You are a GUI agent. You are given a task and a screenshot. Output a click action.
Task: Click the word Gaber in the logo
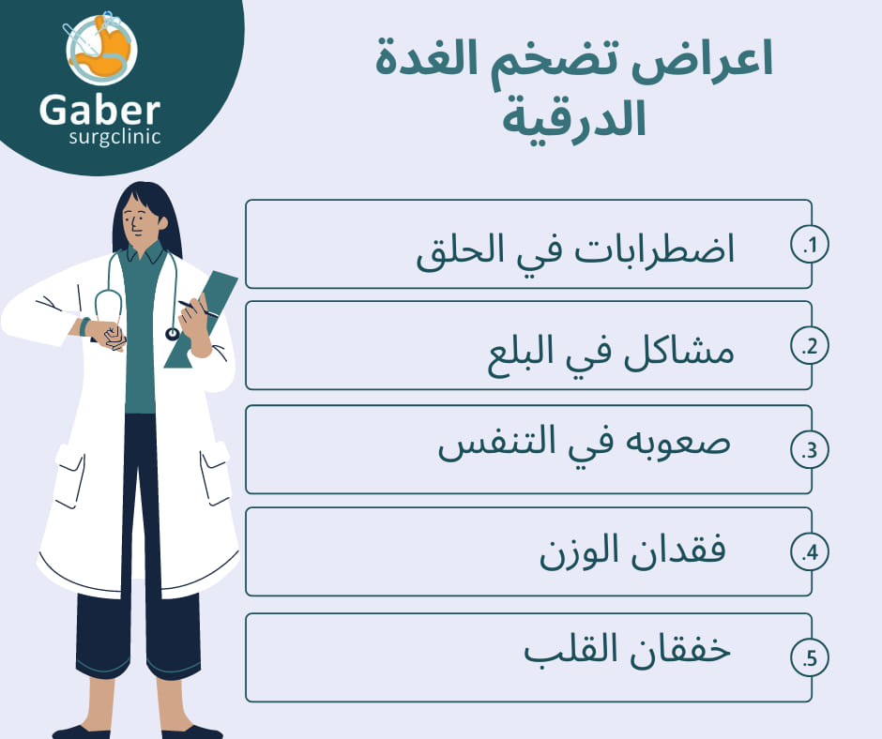pos(100,110)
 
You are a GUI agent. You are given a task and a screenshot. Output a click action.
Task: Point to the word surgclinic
pos(114,137)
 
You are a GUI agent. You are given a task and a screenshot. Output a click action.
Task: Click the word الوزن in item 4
pos(579,551)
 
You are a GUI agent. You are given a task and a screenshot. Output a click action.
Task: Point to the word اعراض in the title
pos(703,60)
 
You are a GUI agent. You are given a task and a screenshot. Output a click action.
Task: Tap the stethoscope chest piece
pos(172,334)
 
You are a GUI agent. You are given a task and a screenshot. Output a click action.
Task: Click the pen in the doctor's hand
pos(197,309)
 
